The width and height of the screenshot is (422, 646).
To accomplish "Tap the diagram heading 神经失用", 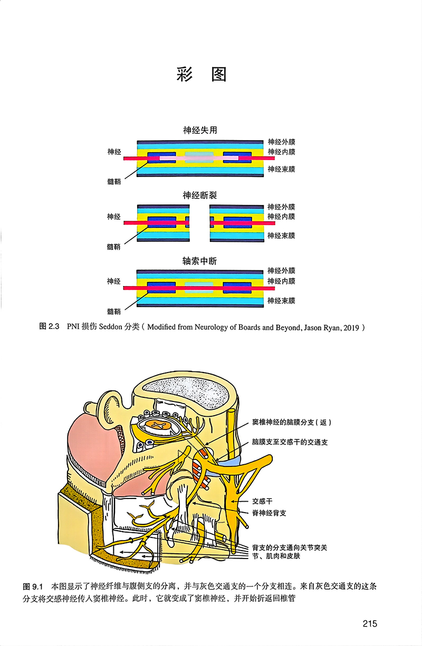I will (200, 130).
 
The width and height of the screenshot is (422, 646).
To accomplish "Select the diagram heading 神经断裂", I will (200, 195).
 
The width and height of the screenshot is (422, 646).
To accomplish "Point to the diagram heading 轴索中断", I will (200, 261).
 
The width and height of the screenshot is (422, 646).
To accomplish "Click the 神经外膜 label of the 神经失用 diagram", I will (281, 142).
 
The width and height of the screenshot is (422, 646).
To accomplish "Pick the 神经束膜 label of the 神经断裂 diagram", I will (281, 236).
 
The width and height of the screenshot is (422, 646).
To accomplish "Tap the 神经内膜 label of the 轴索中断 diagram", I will (281, 281).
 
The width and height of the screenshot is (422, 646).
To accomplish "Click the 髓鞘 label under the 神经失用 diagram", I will (113, 182).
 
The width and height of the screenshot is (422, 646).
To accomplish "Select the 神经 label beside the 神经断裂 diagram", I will (113, 217).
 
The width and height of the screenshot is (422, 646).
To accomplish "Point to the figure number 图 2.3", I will (51, 327).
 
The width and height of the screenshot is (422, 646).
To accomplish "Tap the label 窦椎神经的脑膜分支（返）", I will (292, 423).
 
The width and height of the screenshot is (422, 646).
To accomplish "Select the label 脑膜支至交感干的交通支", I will (290, 442).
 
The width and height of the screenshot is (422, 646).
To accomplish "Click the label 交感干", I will (262, 502).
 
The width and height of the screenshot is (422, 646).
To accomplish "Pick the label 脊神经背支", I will (269, 513).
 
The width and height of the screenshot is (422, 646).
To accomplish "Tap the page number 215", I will (370, 624).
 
